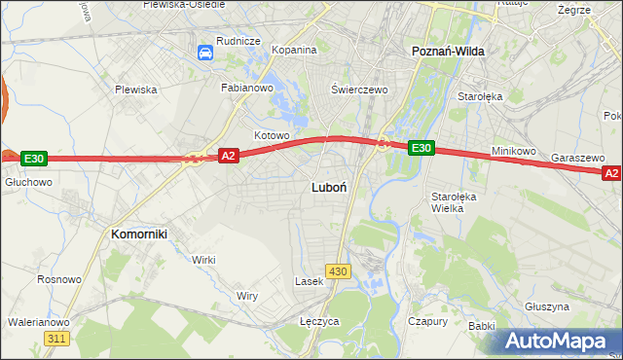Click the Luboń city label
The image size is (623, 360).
(326, 186)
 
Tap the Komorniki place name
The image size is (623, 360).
(139, 234)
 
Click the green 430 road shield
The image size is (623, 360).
(338, 270)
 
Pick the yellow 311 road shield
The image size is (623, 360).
(57, 338)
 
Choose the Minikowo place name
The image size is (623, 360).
(515, 151)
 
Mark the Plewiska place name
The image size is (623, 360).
(135, 90)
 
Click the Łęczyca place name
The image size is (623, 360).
(318, 320)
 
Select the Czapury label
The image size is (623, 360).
(427, 320)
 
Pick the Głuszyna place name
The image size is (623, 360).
(545, 306)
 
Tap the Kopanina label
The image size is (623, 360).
(294, 50)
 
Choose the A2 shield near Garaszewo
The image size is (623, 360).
(611, 173)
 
